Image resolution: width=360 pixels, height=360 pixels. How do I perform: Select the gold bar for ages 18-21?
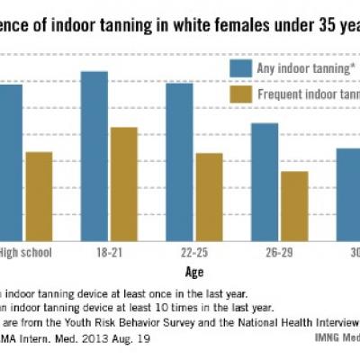(123, 184)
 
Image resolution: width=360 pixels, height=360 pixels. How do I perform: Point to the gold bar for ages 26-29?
(293, 206)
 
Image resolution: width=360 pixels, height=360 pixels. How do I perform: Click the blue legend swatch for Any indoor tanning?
(240, 68)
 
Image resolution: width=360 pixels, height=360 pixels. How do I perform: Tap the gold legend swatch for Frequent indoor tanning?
(240, 94)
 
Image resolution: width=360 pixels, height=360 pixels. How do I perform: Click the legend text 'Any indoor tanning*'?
(301, 68)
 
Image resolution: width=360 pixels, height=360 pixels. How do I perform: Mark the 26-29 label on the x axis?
(278, 254)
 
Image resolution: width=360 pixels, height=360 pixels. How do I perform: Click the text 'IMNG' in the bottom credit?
(317, 338)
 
